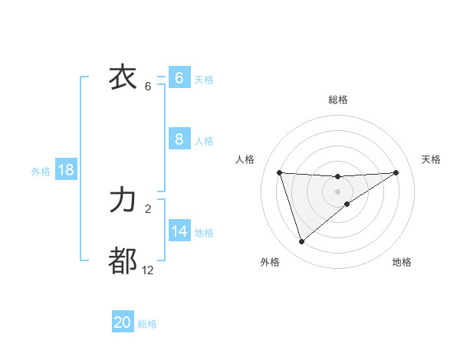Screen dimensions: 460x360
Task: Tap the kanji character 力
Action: [123, 201]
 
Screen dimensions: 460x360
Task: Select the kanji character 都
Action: [123, 261]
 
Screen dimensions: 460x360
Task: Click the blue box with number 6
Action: [179, 77]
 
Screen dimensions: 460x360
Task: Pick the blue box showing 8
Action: [179, 139]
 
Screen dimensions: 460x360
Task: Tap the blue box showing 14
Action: [179, 231]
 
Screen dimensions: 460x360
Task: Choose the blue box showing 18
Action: [66, 170]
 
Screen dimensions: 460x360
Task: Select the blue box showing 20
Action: [123, 322]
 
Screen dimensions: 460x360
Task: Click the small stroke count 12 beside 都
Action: [147, 270]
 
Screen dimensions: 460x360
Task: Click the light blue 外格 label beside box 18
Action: [41, 172]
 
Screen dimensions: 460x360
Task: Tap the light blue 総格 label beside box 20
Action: [147, 324]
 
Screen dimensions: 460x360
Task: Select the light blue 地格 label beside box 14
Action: [204, 233]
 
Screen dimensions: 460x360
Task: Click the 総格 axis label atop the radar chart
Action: [338, 100]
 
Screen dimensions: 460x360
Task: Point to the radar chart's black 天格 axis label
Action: [432, 159]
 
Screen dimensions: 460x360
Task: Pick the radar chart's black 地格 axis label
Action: [402, 262]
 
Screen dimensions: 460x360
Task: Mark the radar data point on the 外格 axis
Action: [301, 242]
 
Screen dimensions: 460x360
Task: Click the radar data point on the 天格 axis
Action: [396, 172]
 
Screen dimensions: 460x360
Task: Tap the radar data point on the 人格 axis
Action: [279, 172]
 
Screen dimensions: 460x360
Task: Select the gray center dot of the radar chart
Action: [337, 191]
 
